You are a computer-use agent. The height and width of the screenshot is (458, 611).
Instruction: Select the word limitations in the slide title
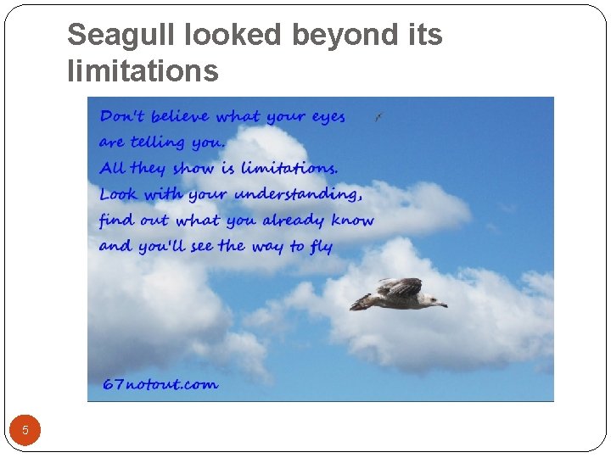coord(143,71)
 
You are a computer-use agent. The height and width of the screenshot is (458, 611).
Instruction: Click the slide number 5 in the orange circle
coord(25,430)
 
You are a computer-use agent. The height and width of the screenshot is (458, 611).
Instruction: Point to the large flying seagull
coord(399,294)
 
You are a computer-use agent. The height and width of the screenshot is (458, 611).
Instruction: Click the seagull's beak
coord(443,304)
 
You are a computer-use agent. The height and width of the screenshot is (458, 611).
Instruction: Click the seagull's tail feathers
coord(360,302)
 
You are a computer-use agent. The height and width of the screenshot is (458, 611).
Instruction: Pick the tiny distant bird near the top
coord(378,118)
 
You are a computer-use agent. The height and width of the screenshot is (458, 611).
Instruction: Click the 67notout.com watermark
coord(160,384)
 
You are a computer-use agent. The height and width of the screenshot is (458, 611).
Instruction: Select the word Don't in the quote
coord(122,115)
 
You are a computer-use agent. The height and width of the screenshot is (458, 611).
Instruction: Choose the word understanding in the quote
coord(298,194)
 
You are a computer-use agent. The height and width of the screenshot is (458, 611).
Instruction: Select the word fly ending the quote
coord(322,247)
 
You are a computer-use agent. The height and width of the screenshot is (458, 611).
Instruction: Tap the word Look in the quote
coord(118,193)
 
